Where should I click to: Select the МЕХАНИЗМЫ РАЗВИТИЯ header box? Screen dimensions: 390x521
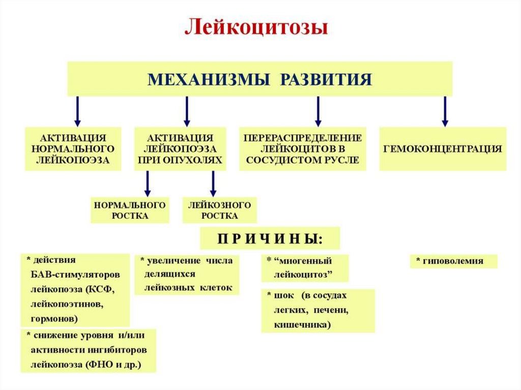click(x=260, y=79)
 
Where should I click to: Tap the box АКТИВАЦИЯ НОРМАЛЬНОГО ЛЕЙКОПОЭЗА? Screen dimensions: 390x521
click(x=73, y=148)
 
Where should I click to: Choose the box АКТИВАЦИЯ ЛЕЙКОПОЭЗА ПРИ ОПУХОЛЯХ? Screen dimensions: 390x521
click(x=180, y=148)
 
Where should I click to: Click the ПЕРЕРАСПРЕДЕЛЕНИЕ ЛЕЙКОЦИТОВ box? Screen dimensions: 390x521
click(x=303, y=148)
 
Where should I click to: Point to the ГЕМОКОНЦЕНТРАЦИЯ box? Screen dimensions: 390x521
click(x=443, y=148)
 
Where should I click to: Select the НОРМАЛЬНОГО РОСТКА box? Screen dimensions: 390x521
click(x=130, y=210)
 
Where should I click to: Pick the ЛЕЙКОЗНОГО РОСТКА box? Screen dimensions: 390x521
click(x=219, y=210)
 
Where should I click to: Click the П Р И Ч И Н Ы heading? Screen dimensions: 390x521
click(x=270, y=238)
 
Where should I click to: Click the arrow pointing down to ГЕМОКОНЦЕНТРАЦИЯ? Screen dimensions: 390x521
click(x=445, y=111)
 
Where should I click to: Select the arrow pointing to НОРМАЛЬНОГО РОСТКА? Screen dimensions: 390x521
click(x=148, y=183)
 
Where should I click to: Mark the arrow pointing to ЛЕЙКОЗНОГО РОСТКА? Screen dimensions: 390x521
click(x=213, y=183)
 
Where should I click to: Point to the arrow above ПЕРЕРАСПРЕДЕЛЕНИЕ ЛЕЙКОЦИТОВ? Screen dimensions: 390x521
click(x=318, y=111)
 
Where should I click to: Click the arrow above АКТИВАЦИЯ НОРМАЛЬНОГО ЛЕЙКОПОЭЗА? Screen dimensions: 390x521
click(x=77, y=111)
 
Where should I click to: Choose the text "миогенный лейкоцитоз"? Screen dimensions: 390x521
click(x=304, y=268)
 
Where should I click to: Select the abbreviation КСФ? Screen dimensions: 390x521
click(x=104, y=289)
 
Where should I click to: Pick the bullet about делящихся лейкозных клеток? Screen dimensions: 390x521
click(x=186, y=274)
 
